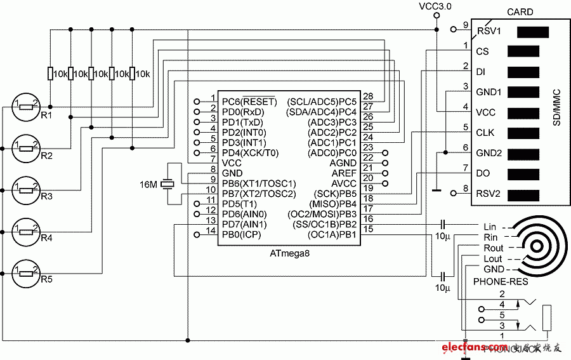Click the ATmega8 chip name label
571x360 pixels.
(289, 253)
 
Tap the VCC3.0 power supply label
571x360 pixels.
(435, 6)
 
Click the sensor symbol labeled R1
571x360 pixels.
(26, 106)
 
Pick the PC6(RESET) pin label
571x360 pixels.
(249, 102)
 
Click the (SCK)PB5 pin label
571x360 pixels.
(331, 194)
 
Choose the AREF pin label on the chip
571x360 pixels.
(345, 173)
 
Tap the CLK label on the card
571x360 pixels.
(485, 133)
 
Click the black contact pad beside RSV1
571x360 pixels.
(533, 31)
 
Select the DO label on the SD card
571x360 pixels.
(482, 173)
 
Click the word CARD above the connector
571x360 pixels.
(520, 12)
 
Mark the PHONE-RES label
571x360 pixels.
(497, 280)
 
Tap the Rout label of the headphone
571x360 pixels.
(493, 248)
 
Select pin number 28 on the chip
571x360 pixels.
(368, 97)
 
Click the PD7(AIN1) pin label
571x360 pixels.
(244, 224)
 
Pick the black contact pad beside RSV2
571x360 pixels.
(523, 195)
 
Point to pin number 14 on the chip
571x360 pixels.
(211, 229)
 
